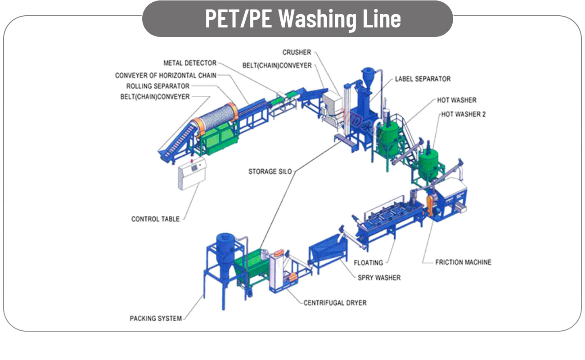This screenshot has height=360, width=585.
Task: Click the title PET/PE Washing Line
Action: [302, 19]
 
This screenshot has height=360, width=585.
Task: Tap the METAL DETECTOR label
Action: [190, 63]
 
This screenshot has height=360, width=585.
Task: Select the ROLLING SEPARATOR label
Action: [158, 86]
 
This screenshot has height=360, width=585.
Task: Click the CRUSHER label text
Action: [297, 53]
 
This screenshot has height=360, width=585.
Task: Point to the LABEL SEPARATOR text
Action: [423, 79]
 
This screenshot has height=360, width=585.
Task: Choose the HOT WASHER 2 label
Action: [463, 114]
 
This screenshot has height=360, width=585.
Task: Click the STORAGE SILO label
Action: [270, 171]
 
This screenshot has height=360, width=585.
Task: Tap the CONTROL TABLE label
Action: [155, 219]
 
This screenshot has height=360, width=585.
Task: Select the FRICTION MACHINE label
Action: [463, 262]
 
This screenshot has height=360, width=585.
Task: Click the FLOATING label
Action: [368, 262]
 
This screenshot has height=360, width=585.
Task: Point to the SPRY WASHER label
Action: [379, 278]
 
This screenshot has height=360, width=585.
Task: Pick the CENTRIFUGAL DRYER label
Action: [335, 303]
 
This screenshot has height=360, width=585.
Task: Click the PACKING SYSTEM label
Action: [156, 319]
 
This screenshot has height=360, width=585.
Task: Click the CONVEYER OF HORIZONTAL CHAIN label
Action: [166, 75]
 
